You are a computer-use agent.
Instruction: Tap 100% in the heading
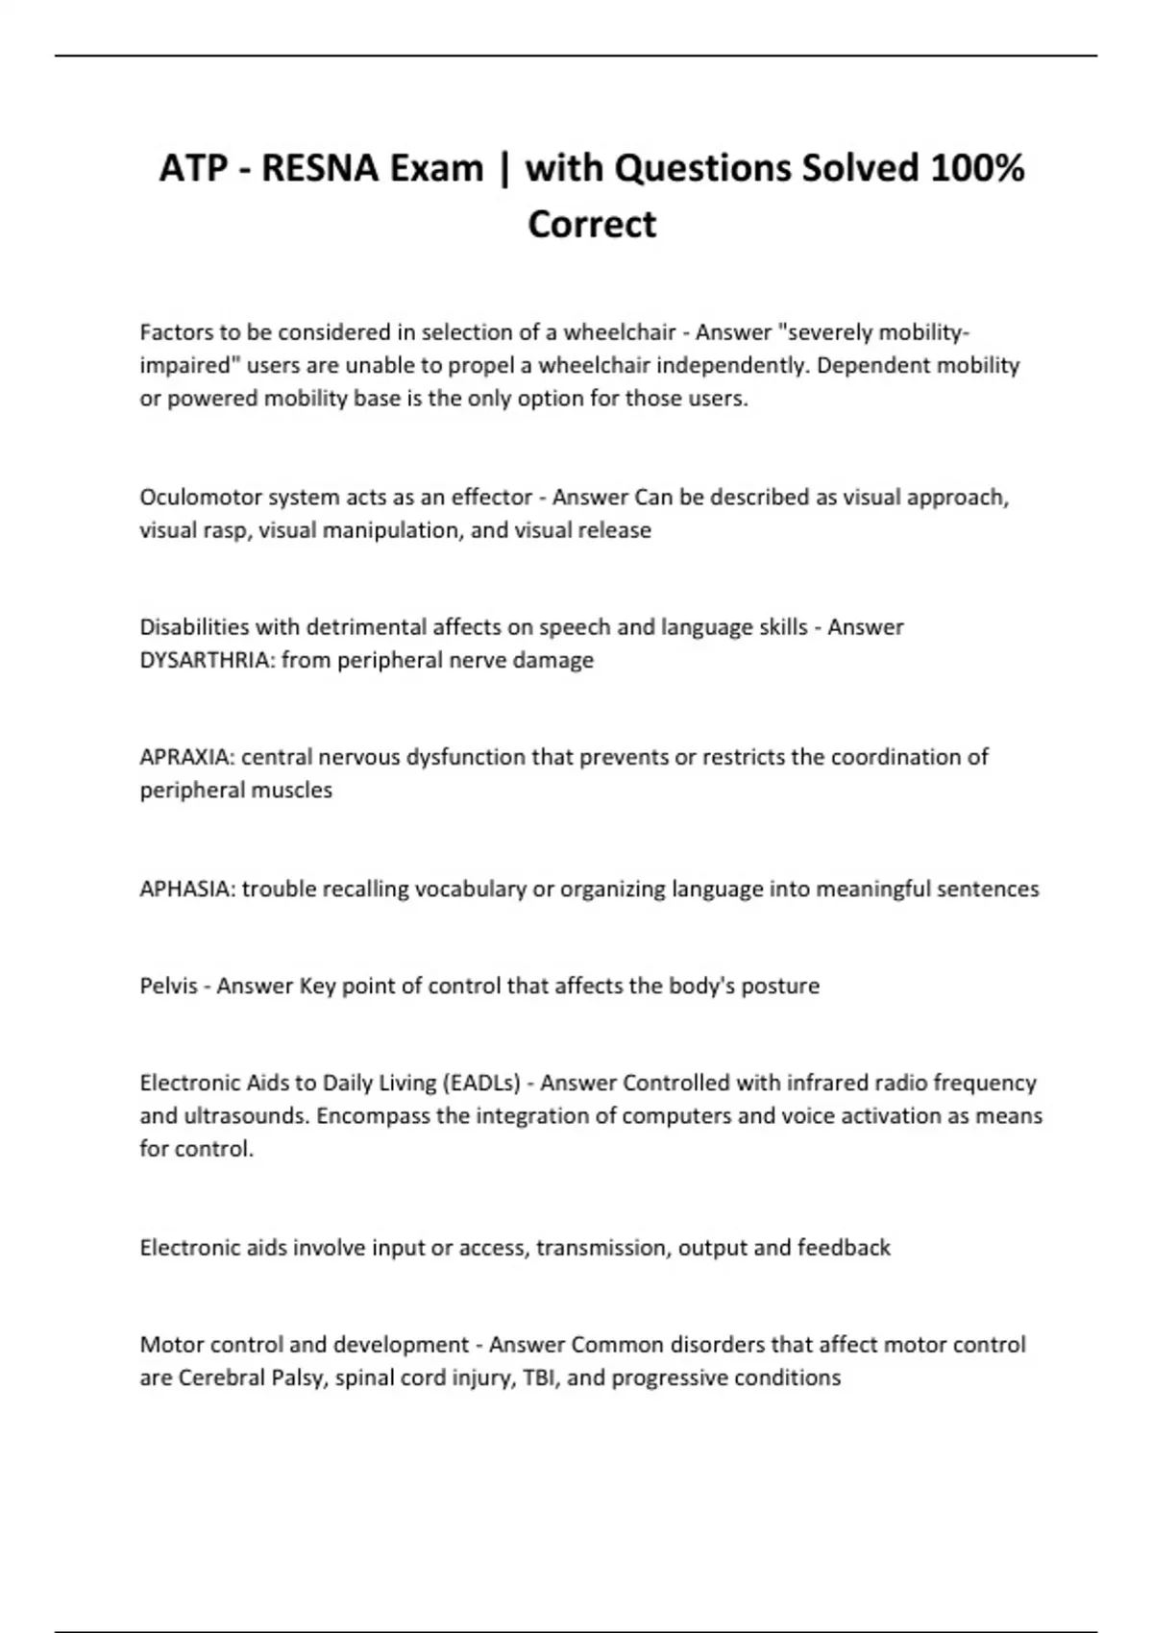point(976,169)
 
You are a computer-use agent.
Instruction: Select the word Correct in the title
point(592,225)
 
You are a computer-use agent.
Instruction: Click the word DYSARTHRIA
point(207,660)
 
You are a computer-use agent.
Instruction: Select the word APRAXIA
point(186,757)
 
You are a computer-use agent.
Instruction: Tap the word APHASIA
point(186,889)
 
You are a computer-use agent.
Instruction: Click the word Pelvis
point(168,986)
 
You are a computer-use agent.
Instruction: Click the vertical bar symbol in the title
point(504,169)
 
